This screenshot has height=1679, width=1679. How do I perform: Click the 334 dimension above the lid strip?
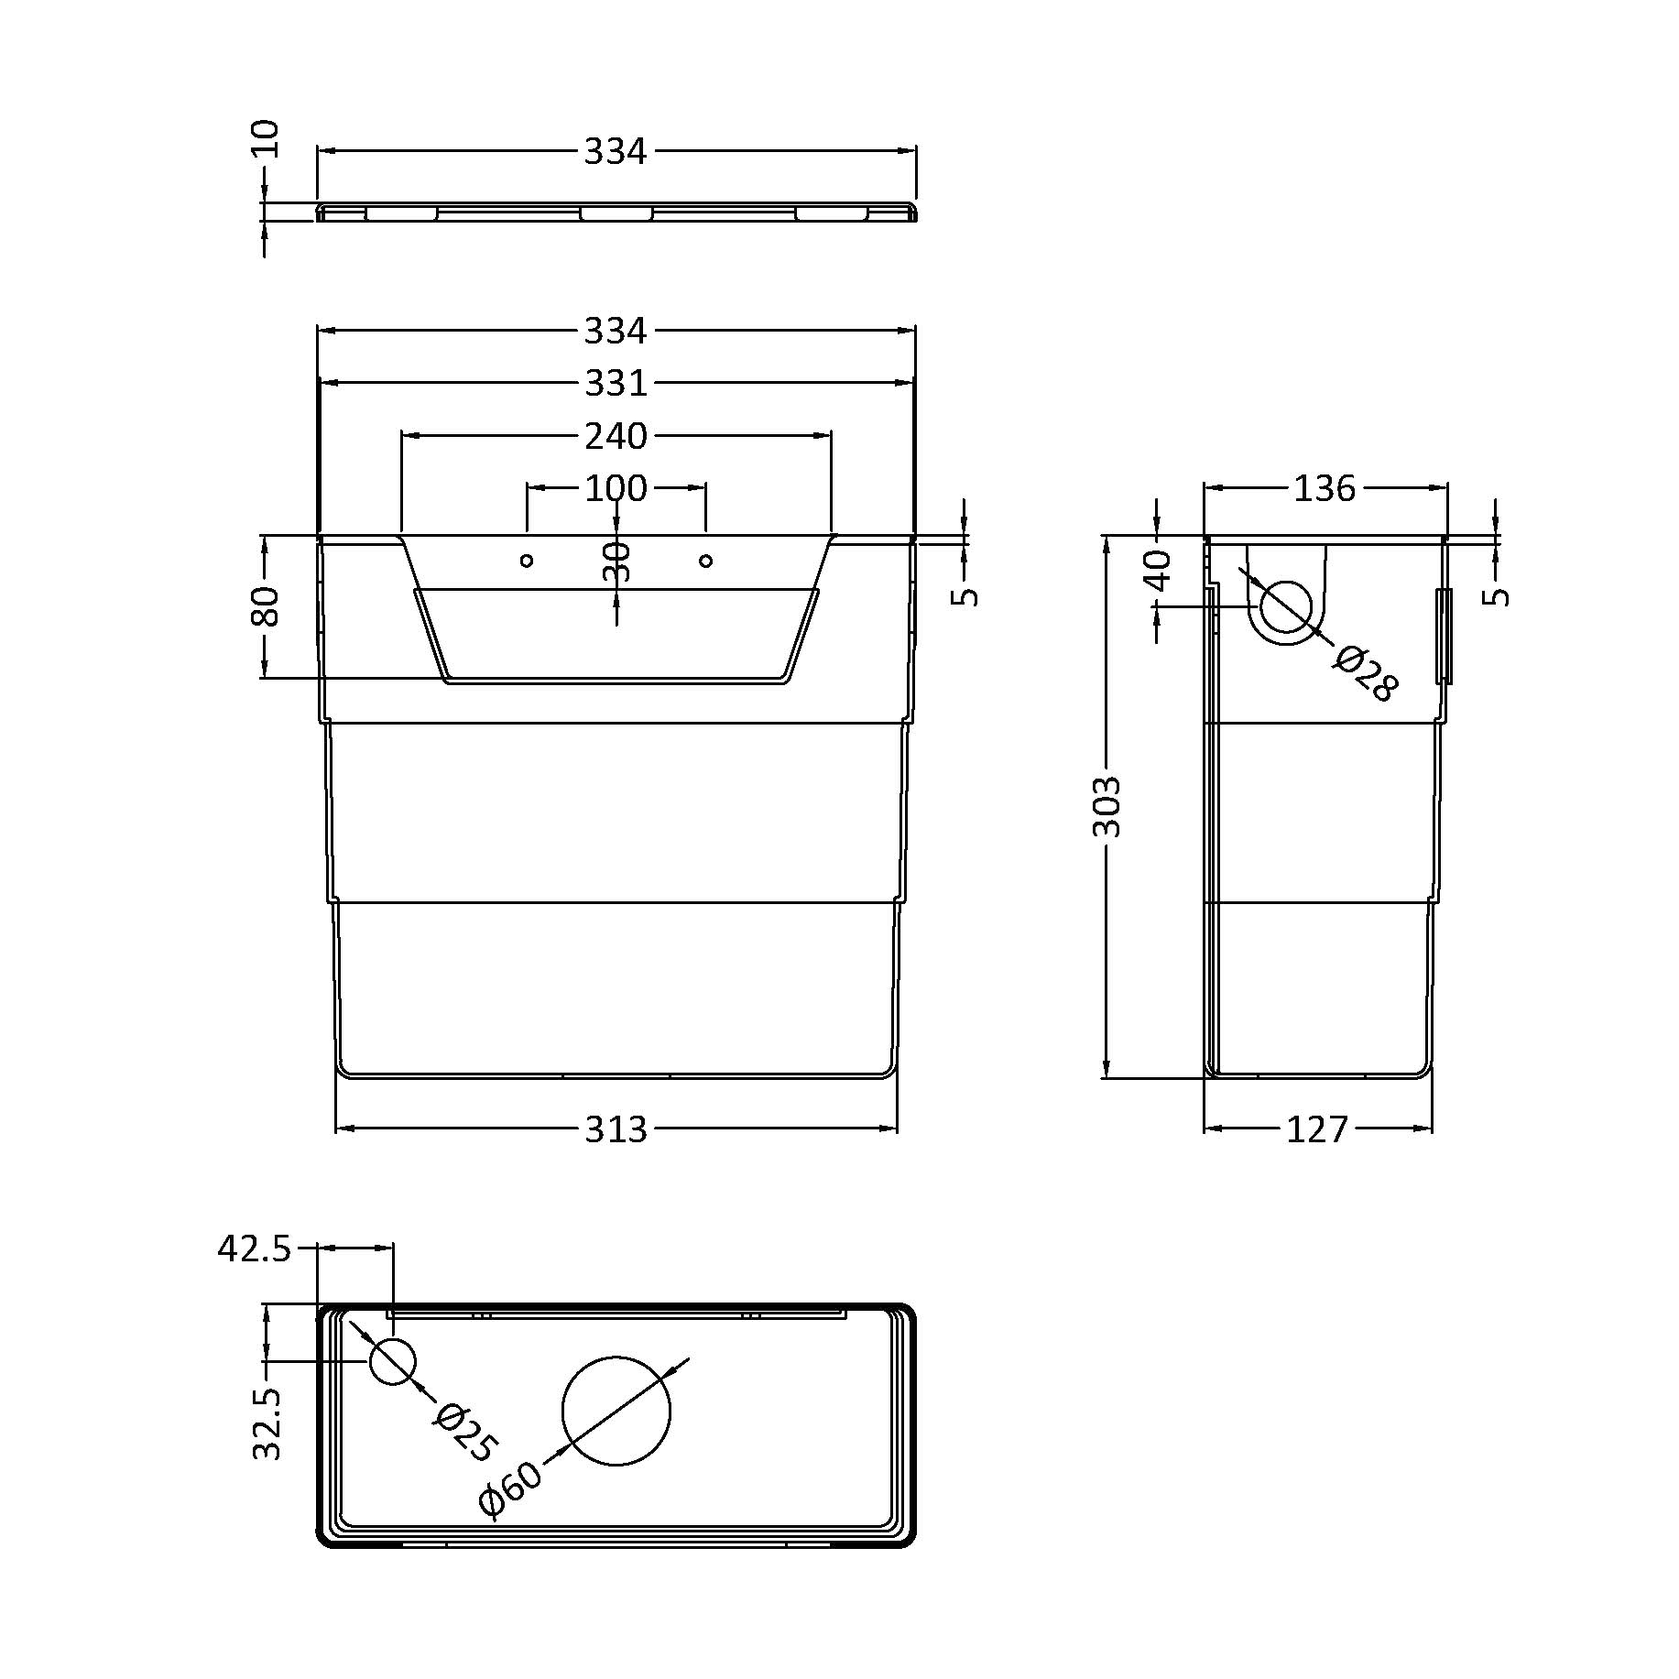coord(616,152)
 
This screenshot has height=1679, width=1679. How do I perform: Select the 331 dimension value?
coord(616,383)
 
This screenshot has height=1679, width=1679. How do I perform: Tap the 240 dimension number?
coord(616,436)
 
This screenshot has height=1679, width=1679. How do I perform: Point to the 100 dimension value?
coord(616,488)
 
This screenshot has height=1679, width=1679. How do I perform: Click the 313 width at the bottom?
coord(616,1129)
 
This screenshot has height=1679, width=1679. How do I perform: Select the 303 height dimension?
coord(1107,806)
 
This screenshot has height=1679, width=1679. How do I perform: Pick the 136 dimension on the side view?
coord(1324,489)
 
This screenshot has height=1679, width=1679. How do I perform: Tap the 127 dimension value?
coord(1317,1129)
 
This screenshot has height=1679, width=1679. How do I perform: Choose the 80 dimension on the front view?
coord(265,605)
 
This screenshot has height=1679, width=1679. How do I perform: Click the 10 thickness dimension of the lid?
coord(265,139)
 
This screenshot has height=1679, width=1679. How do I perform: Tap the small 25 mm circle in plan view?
coord(392,1360)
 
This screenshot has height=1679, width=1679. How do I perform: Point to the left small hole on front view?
coord(527,561)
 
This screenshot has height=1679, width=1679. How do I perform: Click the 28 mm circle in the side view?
coord(1286,605)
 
